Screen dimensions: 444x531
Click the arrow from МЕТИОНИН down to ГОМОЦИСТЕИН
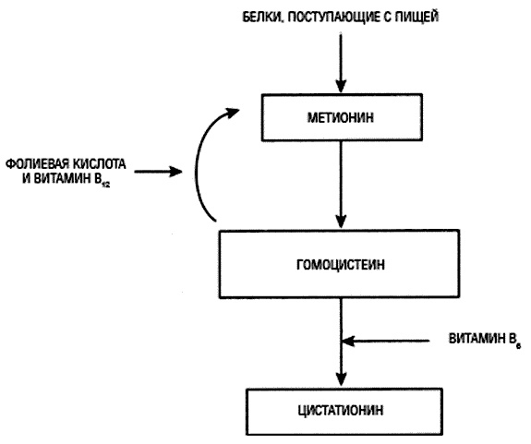pos(342,185)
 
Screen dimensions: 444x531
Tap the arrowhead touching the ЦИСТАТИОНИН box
pos(342,380)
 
